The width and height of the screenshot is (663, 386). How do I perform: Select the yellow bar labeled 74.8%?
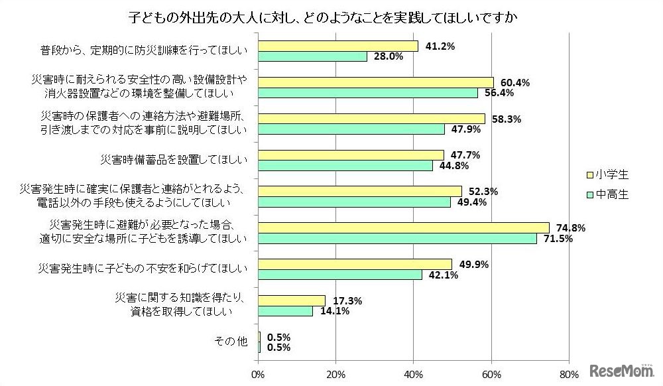(x=403, y=227)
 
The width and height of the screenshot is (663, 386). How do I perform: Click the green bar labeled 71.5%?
(x=396, y=238)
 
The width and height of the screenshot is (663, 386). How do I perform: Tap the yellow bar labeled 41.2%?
(x=337, y=46)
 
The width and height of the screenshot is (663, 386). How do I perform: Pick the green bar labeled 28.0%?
(x=312, y=57)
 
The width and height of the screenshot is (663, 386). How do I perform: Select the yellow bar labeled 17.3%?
(x=291, y=300)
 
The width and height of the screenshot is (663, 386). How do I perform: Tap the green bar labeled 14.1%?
(x=285, y=310)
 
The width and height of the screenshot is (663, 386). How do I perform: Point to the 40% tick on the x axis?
(x=414, y=374)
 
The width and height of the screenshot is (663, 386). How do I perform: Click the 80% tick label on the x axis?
(x=569, y=374)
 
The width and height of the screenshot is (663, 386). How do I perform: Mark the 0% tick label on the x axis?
(x=258, y=374)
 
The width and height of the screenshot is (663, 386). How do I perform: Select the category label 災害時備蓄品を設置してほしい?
(x=173, y=160)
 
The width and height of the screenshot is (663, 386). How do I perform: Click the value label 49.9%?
(x=473, y=265)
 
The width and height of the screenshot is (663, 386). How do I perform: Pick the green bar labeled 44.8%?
(x=345, y=165)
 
